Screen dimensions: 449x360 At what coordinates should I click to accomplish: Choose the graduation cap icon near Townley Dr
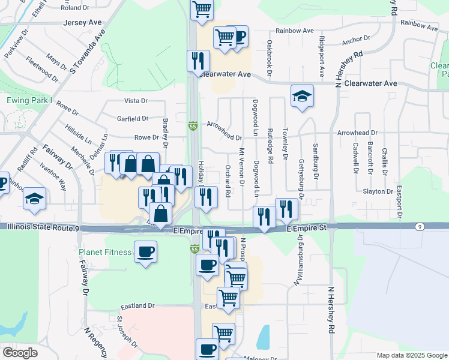point(301,96)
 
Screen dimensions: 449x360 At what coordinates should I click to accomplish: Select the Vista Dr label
point(136,101)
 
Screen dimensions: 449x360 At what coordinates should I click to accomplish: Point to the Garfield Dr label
point(133,119)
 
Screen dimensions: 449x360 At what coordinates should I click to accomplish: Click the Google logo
point(20,353)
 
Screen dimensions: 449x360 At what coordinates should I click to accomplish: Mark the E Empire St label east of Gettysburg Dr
point(306,229)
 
